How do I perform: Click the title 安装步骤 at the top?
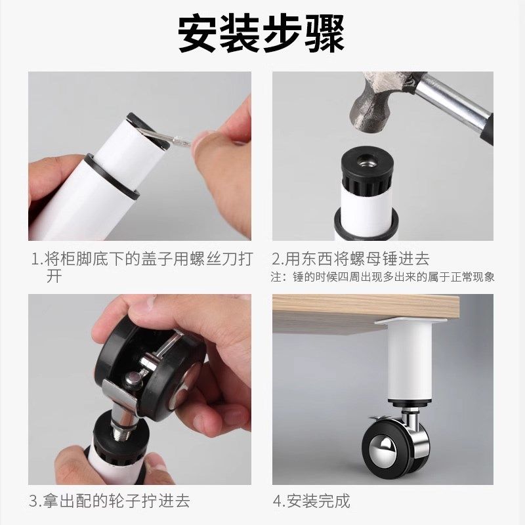[x=262, y=34]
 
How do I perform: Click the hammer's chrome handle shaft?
[x=453, y=98]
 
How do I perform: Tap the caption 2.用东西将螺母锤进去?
[x=351, y=259]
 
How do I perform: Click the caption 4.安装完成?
[x=311, y=501]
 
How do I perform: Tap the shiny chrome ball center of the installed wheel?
[x=381, y=453]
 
